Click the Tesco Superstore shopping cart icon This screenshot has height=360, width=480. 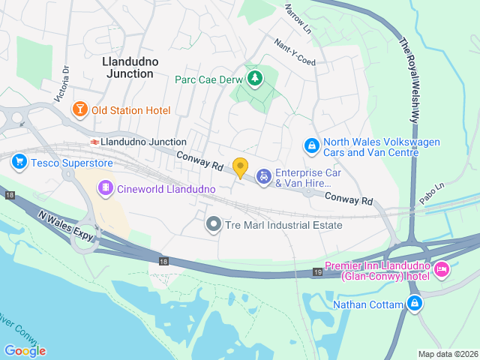[19, 161]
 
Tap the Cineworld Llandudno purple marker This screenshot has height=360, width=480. [106, 187]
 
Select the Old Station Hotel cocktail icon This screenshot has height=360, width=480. [79, 110]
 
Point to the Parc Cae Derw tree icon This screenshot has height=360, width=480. [256, 78]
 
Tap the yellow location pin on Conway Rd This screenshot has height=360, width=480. [240, 168]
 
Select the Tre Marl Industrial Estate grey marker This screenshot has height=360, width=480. [214, 224]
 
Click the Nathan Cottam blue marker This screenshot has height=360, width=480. [413, 304]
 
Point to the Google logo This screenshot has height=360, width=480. [25, 350]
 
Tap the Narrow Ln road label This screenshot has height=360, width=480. [298, 19]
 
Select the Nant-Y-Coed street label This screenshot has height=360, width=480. [295, 52]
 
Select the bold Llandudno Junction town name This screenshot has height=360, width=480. [127, 67]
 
